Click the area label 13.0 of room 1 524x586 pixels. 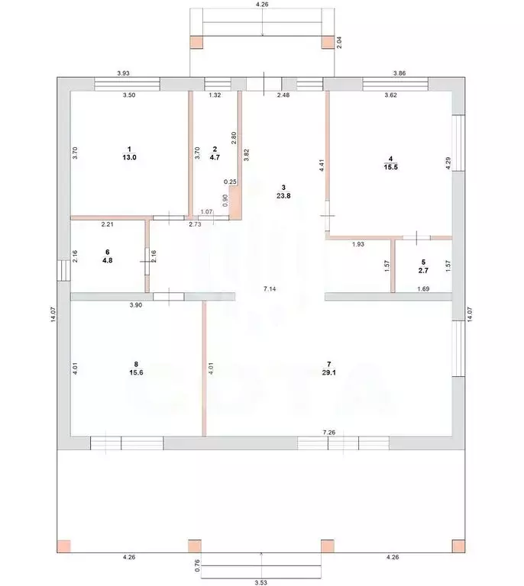(x=129, y=157)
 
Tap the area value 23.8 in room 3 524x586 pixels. (x=283, y=195)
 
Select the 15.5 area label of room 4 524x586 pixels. (x=391, y=167)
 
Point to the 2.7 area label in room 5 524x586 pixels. (x=423, y=271)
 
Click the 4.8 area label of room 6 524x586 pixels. (x=108, y=260)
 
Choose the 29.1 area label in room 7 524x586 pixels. (x=328, y=372)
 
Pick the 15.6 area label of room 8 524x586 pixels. (x=136, y=372)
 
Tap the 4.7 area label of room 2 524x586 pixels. (x=215, y=157)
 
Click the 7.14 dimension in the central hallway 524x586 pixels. (x=270, y=288)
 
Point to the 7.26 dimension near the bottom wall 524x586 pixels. (x=329, y=433)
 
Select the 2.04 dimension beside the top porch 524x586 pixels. (x=339, y=42)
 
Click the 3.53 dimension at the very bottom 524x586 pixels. (x=260, y=582)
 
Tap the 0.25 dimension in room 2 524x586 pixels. (x=230, y=182)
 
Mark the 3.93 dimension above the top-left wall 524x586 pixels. (x=123, y=73)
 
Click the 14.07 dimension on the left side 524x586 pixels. (x=53, y=314)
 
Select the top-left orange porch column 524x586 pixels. (x=196, y=42)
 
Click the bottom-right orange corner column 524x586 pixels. (x=458, y=546)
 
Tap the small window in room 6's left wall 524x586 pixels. (x=63, y=270)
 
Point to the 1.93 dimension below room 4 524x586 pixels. (x=358, y=244)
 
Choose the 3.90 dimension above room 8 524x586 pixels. (x=136, y=305)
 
